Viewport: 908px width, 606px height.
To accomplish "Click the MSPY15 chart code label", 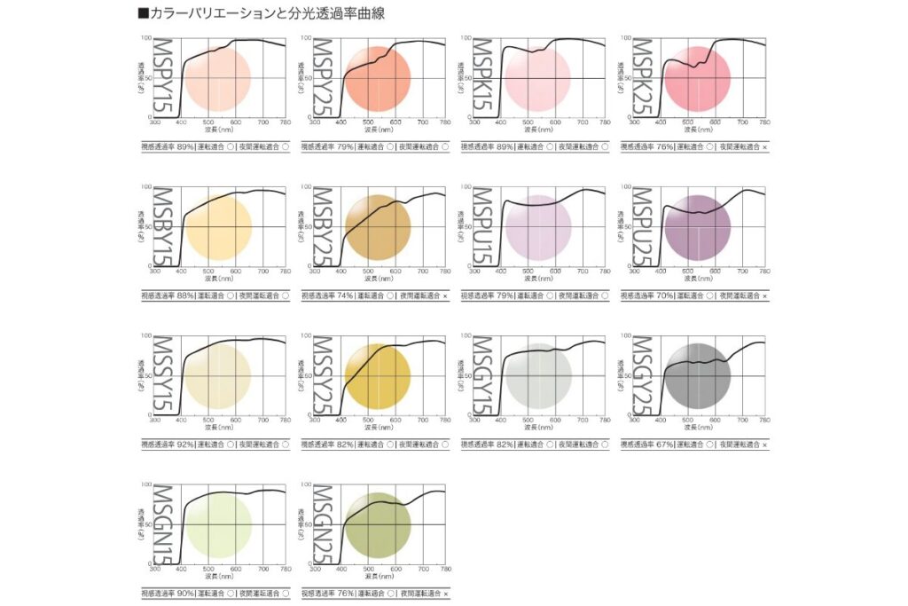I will click(162, 79).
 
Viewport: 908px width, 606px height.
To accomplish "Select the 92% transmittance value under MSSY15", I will click(186, 444).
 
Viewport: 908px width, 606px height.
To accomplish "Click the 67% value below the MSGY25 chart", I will click(665, 444).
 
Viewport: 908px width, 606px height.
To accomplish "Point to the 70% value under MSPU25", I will click(665, 295).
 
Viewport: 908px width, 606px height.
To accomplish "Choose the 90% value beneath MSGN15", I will click(186, 593).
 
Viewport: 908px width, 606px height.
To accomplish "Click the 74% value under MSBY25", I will click(346, 295).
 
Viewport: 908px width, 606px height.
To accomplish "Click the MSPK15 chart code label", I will click(481, 79).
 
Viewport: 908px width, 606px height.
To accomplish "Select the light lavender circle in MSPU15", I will click(536, 227).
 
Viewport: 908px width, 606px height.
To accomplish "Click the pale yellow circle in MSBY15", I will click(217, 227).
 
